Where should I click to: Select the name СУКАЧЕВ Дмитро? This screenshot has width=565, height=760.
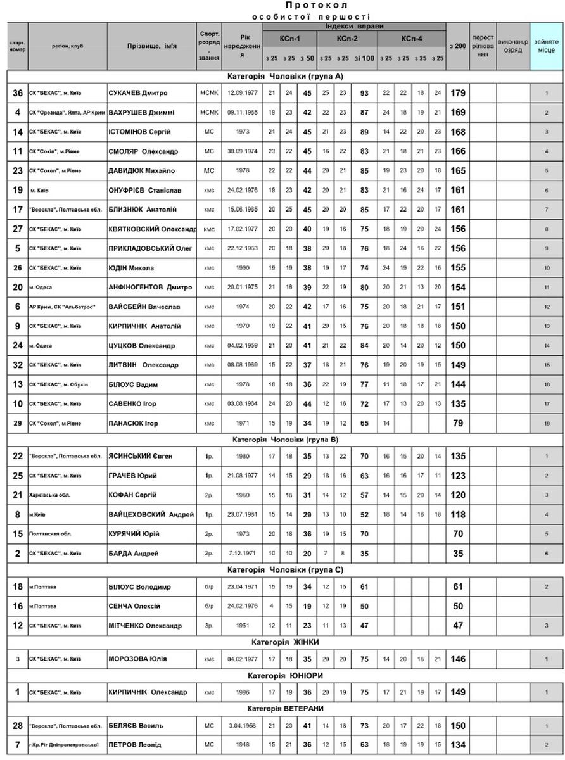137,93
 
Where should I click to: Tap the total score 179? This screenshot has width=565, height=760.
457,93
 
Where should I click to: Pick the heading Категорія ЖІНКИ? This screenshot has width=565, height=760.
283,642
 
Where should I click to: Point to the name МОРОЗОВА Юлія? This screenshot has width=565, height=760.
137,659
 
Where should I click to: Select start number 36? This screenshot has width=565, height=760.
18,93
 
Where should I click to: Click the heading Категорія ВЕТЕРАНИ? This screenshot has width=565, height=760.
283,708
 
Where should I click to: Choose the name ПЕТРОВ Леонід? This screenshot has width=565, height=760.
134,745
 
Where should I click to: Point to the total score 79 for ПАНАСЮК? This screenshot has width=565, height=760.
457,423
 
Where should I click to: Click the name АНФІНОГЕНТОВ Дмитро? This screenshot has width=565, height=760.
150,288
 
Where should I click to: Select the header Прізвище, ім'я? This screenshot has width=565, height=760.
151,46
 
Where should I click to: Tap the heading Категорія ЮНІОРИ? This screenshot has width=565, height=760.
283,676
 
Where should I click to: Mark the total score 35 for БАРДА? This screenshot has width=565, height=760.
457,554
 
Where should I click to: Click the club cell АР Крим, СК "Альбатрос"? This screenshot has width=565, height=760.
62,307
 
